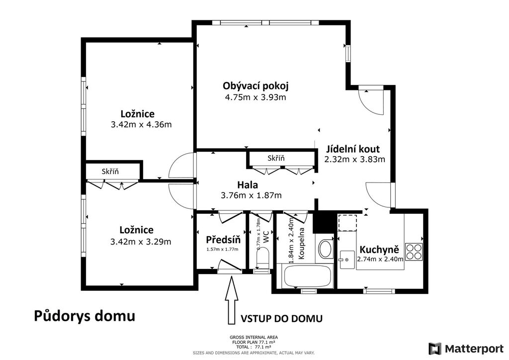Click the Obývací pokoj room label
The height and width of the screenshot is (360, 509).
click(255, 87)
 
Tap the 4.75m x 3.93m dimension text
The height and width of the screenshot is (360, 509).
click(255, 97)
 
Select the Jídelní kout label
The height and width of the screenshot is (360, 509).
click(353, 149)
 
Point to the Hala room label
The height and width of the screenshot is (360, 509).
click(248, 185)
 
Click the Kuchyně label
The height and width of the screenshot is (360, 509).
click(379, 250)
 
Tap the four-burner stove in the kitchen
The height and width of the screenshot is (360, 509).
click(414, 252)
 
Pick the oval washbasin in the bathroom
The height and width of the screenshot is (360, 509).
click(325, 249)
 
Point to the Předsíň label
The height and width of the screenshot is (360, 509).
click(223, 240)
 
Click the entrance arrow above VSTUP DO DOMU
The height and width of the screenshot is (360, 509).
click(232, 300)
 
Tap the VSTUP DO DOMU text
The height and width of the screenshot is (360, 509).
click(281, 319)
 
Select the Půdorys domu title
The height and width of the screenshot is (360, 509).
click(85, 316)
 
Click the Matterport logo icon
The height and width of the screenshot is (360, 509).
click(435, 349)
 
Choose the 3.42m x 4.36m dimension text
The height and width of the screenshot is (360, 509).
click(141, 125)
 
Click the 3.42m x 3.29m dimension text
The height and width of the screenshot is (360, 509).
click(141, 242)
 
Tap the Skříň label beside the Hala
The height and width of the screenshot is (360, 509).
click(276, 159)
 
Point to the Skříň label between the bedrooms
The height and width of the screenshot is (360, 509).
click(110, 172)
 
